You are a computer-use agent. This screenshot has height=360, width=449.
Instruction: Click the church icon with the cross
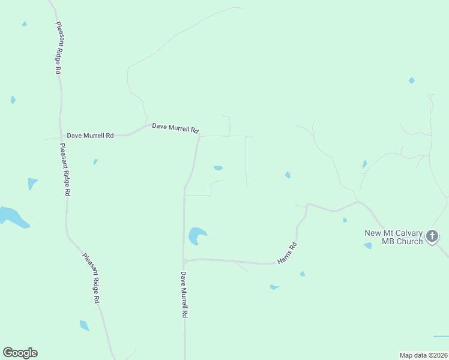point(432,237)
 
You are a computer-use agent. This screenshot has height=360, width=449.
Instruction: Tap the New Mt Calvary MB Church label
point(394,237)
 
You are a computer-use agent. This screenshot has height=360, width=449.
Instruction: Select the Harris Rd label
point(288,254)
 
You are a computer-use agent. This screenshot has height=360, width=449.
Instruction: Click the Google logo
point(20,353)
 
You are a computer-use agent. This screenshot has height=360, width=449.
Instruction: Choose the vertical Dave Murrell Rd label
point(185,294)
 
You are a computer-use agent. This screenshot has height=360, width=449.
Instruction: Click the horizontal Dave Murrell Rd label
point(90,136)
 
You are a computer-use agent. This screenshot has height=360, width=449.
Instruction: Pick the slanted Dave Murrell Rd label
point(175,128)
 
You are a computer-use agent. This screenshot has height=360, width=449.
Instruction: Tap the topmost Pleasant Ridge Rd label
point(59,48)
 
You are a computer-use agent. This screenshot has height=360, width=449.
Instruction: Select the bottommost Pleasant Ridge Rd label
point(91,278)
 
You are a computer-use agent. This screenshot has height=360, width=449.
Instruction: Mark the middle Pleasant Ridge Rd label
point(65,170)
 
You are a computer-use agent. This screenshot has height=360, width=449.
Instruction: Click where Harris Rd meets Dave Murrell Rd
point(185,261)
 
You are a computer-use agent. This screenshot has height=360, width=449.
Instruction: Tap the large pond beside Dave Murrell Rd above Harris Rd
point(196,235)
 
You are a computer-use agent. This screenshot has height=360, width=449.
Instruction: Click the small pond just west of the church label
point(367,245)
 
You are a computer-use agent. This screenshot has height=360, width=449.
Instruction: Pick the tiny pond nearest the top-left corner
point(25,24)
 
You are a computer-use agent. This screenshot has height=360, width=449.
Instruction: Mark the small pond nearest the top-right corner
point(411,80)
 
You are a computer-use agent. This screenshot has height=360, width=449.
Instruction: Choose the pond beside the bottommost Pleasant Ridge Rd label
point(84,325)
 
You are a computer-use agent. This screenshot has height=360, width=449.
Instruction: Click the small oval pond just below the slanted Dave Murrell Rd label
point(218,168)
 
